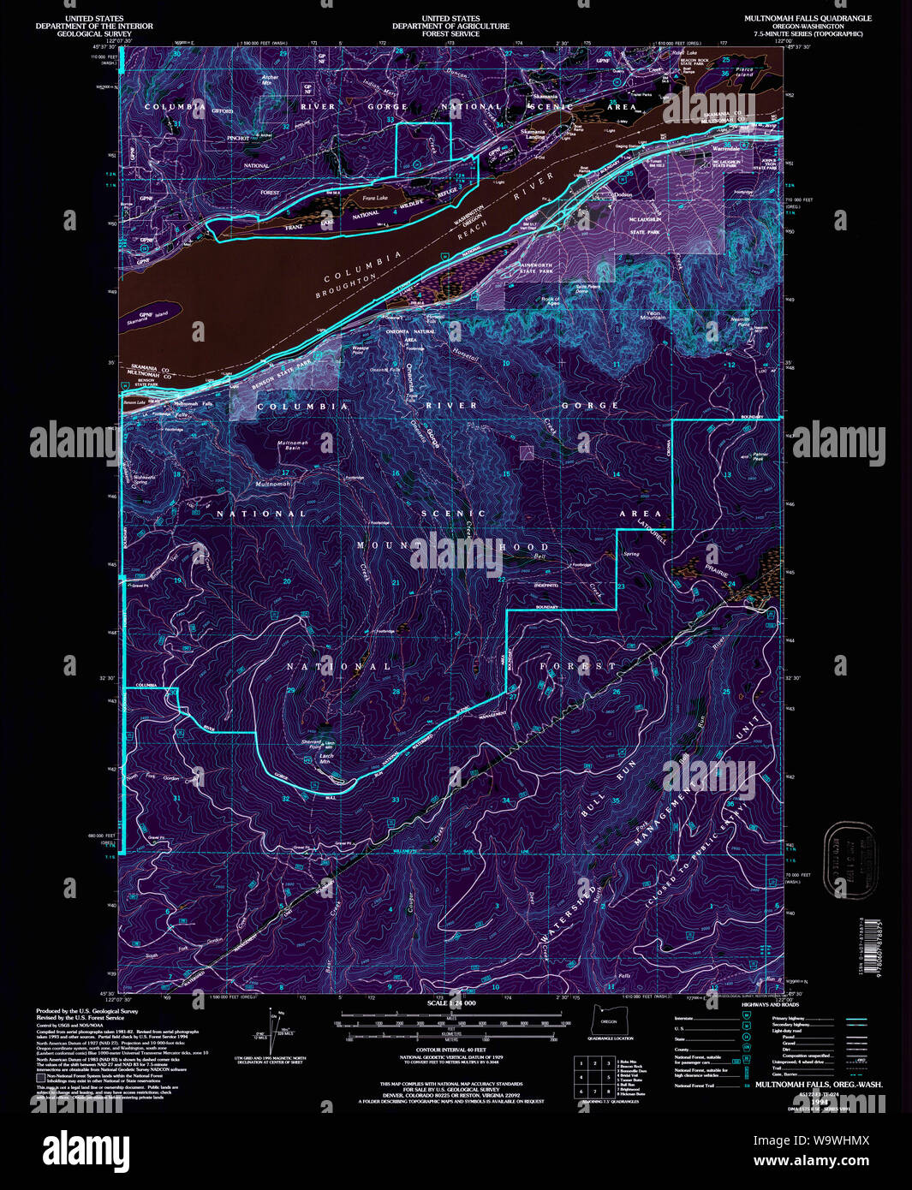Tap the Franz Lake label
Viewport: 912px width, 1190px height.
point(374,199)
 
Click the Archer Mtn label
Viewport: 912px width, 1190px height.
point(270,80)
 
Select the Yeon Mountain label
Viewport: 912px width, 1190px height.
point(653,315)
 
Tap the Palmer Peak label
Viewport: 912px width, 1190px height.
point(759,457)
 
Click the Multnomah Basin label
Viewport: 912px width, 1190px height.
point(292,445)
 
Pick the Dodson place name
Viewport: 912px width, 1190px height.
point(623,194)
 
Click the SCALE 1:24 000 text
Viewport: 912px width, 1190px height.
point(450,1002)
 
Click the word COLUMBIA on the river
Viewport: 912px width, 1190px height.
point(363,267)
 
